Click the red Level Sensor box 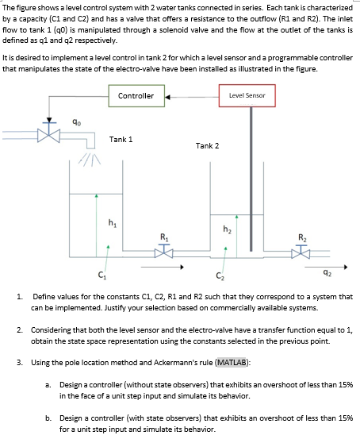247,96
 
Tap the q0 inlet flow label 76,121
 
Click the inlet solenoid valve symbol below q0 52,131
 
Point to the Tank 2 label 207,145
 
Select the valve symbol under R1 165,250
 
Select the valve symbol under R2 303,251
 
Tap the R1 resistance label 165,237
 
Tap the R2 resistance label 303,237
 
